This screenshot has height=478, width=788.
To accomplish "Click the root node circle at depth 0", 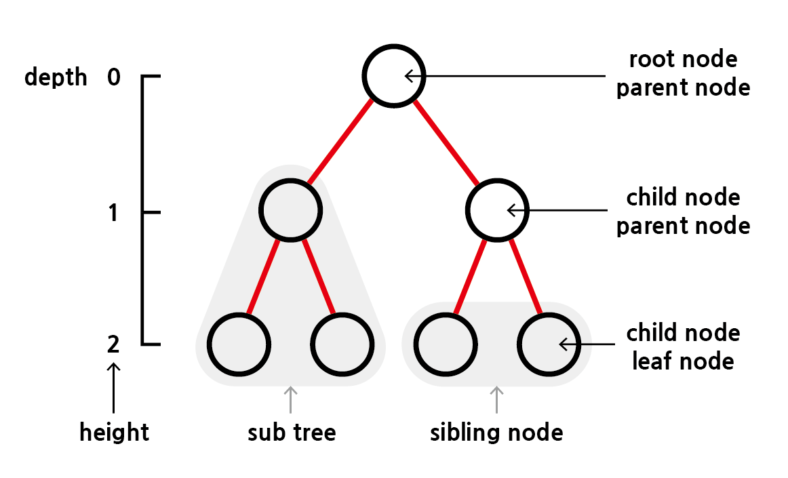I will click(394, 75).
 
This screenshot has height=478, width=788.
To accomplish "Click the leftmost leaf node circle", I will click(238, 344).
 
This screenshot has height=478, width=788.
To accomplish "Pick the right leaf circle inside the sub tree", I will click(342, 344).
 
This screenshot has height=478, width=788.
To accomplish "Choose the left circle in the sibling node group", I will click(444, 344).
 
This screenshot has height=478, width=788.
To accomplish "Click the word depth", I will click(56, 77).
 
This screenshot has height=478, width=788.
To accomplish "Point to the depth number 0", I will click(113, 77).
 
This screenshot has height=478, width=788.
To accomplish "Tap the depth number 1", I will click(113, 213).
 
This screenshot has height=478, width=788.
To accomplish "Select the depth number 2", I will click(113, 344).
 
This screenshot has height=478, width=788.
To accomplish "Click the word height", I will click(114, 432).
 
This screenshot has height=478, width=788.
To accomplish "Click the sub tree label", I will click(292, 432).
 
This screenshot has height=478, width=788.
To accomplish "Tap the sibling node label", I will click(496, 432).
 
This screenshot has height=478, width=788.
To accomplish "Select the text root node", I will click(683, 60).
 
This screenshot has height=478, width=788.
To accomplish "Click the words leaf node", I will click(683, 361).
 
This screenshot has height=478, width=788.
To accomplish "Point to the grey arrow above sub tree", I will click(291, 399).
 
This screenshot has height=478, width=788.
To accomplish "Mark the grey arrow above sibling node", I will click(497, 399).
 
